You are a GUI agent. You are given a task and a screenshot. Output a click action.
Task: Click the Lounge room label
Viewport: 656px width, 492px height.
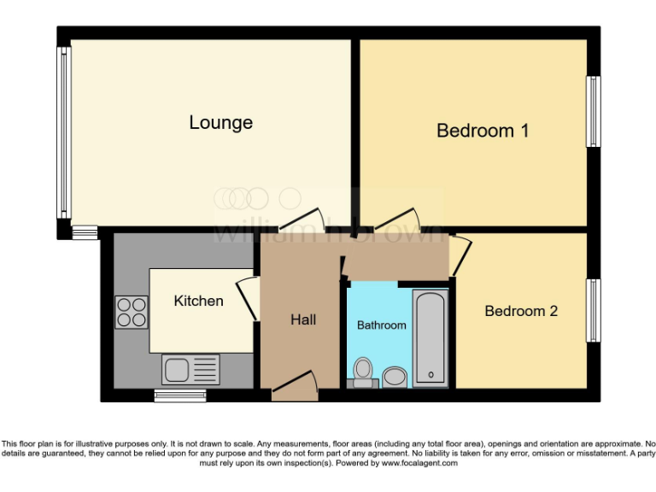220,122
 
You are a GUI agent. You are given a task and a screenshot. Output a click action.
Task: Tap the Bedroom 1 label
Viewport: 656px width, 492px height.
483,131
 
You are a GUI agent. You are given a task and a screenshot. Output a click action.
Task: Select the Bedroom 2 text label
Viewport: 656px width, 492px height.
520,311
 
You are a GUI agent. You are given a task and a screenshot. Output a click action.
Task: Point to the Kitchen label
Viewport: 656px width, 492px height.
198,301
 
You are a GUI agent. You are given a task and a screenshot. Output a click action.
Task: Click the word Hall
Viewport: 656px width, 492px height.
303,319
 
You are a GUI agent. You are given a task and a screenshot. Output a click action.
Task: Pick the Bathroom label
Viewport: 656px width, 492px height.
381,325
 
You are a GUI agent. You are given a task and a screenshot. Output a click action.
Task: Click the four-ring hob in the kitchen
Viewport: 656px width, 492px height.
131,311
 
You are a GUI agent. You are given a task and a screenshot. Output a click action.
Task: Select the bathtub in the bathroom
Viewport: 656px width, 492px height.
429,338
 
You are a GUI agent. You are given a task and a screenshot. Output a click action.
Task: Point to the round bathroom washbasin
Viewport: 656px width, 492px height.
395,376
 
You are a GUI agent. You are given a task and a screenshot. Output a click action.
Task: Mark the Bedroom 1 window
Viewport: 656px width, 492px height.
592,112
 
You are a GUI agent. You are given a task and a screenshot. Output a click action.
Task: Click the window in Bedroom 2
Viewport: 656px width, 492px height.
592,310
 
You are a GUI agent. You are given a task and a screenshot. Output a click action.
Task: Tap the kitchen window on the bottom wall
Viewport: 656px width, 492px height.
179,395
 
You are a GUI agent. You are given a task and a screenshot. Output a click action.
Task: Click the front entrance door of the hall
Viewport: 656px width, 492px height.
295,387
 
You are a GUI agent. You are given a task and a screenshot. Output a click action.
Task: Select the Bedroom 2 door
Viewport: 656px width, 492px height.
461,255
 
